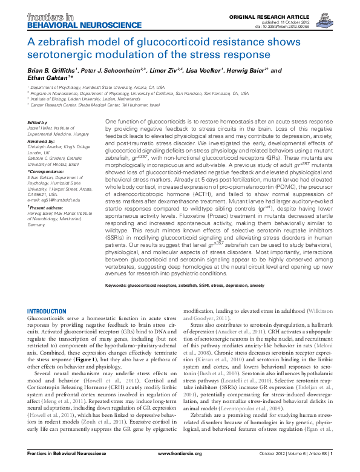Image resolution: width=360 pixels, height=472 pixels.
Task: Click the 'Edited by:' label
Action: coord(38,123)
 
